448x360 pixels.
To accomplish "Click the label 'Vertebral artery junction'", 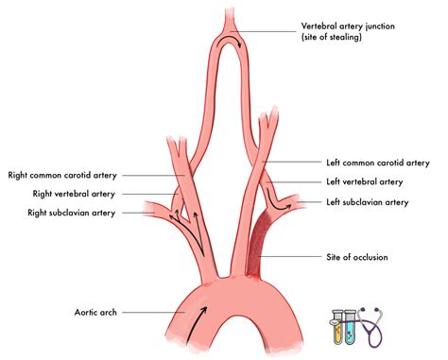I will [x=347, y=26].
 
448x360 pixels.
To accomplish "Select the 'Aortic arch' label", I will [x=98, y=311].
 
